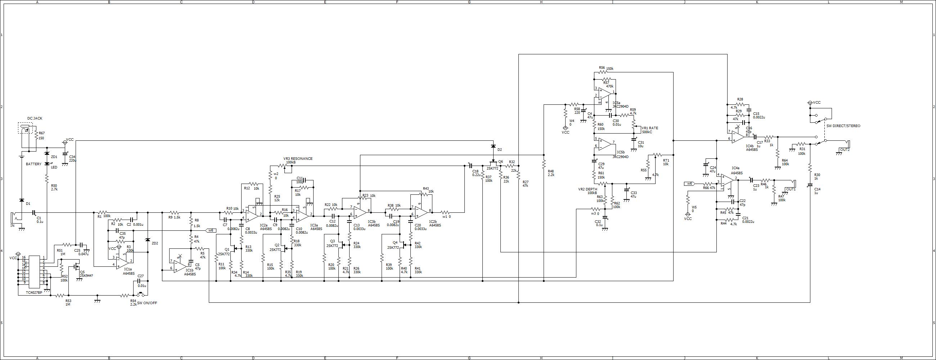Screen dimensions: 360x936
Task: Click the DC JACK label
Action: [35, 118]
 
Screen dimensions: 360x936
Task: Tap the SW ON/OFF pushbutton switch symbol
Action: [140, 294]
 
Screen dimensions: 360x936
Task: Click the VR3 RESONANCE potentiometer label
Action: [298, 159]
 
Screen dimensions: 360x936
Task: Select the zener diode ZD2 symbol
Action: [148, 240]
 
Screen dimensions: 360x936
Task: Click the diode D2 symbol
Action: [493, 146]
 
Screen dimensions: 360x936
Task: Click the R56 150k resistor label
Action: [606, 68]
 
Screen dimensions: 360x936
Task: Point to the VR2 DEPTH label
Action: [588, 189]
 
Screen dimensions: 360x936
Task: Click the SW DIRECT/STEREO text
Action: [843, 126]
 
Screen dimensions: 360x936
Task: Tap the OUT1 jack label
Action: [791, 189]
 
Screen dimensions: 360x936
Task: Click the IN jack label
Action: [12, 226]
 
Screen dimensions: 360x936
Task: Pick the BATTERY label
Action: [33, 164]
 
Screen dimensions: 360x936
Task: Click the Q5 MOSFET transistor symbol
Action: [76, 267]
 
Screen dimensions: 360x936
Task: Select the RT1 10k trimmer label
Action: [666, 162]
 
